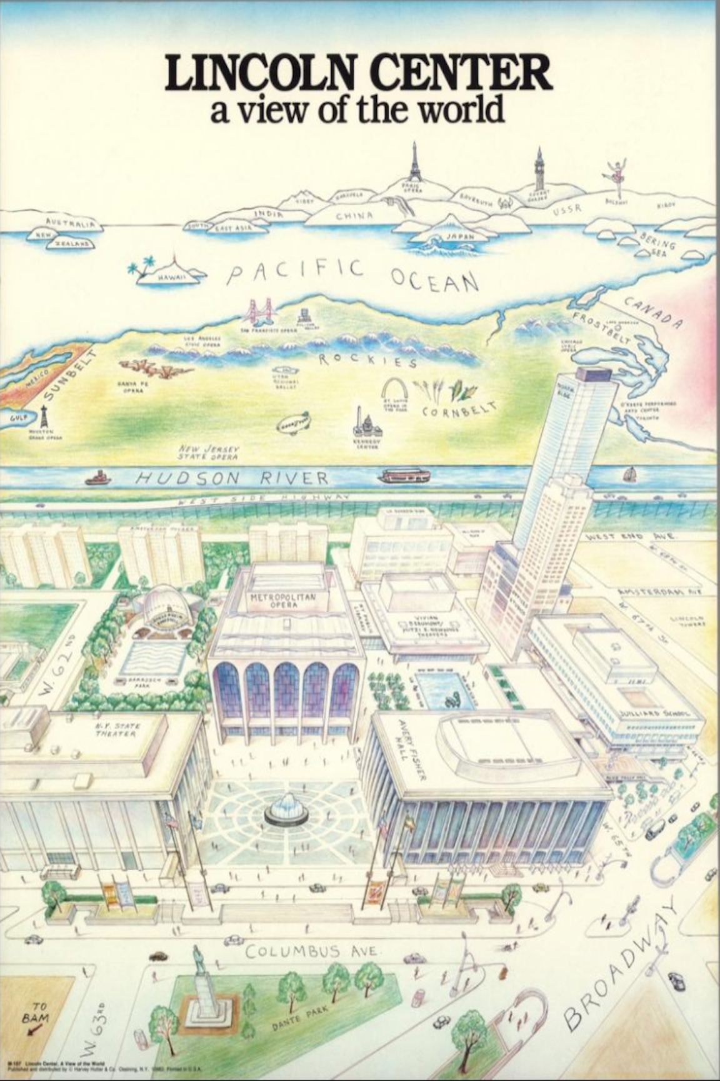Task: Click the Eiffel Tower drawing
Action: pos(414,164)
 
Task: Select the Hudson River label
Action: pos(233,479)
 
